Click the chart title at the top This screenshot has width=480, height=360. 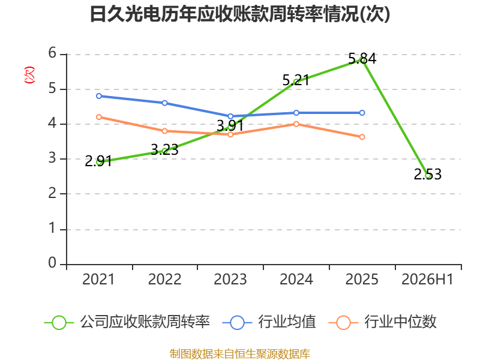point(240,14)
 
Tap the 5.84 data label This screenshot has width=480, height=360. point(362,58)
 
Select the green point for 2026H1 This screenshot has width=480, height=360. point(428,175)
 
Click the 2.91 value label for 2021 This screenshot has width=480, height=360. point(98,161)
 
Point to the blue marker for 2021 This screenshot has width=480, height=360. point(99,96)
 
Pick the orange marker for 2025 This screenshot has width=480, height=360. point(362,137)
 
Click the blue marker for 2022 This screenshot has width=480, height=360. point(164,103)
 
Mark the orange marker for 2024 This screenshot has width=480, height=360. point(296,124)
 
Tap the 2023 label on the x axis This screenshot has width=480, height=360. point(230,279)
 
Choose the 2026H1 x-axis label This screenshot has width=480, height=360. point(428,279)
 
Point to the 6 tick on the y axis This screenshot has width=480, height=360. point(52,53)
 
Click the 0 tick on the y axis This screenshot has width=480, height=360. point(52,263)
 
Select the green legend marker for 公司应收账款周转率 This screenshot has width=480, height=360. point(59,323)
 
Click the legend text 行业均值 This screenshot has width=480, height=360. point(287,322)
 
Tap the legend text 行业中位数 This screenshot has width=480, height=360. point(400,322)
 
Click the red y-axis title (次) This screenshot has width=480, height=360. point(29,75)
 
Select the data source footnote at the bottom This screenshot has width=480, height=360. point(240,354)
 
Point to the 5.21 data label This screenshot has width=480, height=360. point(296,80)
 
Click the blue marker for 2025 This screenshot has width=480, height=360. point(362,113)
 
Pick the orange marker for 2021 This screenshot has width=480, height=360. point(99,117)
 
